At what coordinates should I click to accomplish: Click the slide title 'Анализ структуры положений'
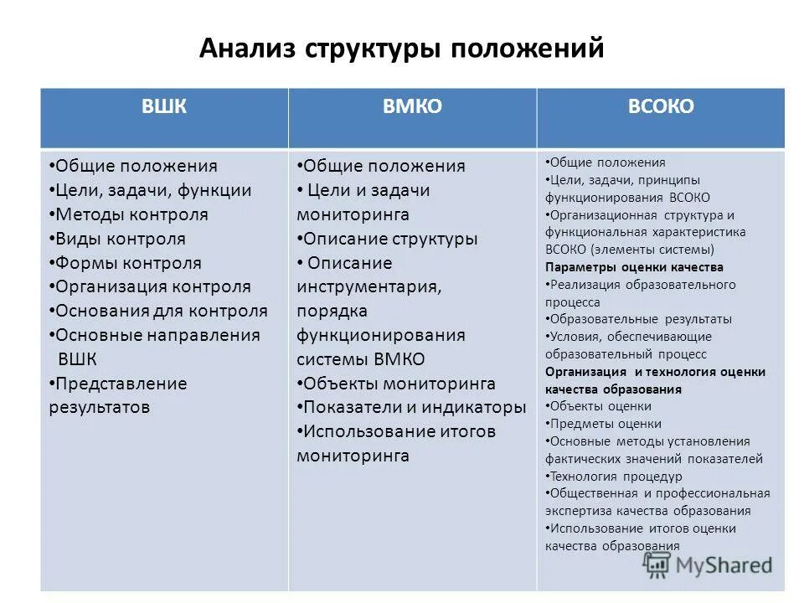coord(401,49)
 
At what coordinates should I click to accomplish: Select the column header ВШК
coord(164,106)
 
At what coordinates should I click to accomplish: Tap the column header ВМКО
coord(412,106)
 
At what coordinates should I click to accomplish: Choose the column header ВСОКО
coord(661,106)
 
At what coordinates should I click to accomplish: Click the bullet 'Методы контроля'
coord(131,214)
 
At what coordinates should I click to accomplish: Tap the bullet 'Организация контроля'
coord(152,287)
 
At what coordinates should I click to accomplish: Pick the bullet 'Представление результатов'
coord(117,395)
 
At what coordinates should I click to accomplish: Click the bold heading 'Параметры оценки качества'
coord(634,267)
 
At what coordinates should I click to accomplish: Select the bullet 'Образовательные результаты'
coord(640,319)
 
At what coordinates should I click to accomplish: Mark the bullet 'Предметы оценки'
coord(605,424)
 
